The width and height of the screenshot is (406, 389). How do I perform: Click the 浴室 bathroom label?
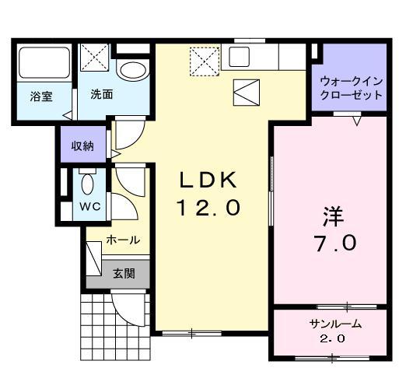[41, 97]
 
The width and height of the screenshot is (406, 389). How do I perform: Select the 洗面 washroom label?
[102, 95]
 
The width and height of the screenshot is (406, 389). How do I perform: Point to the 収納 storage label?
[83, 145]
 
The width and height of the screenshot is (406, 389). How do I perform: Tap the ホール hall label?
[123, 240]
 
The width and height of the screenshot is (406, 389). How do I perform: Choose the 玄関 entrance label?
[123, 273]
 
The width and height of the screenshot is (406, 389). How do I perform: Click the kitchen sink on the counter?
[238, 56]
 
